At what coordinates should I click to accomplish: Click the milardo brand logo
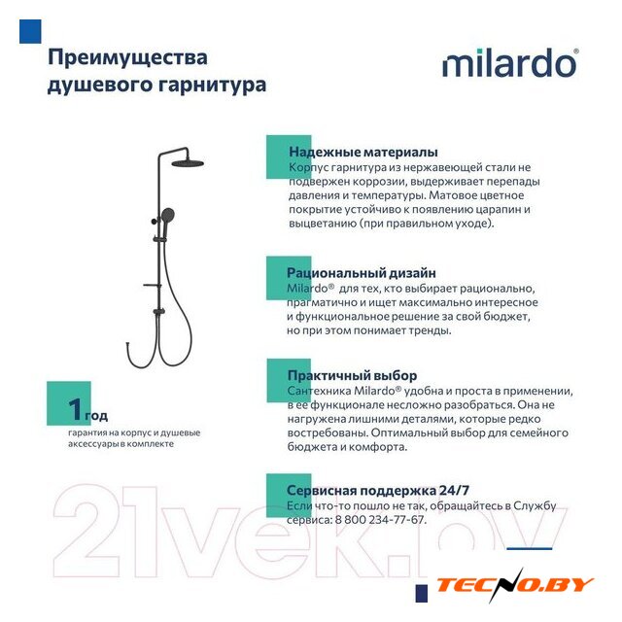[x=510, y=62]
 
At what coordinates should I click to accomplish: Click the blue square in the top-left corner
[x=30, y=31]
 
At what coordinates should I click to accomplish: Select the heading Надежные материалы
[x=363, y=152]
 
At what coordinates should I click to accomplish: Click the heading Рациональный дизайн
[x=362, y=273]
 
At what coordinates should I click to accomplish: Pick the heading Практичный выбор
[x=352, y=375]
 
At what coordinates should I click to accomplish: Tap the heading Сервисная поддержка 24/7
[x=378, y=490]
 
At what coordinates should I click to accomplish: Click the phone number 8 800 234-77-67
[x=380, y=520]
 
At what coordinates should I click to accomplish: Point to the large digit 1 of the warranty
[x=76, y=408]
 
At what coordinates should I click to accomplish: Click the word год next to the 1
[x=96, y=416]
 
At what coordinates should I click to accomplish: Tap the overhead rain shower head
[x=188, y=163]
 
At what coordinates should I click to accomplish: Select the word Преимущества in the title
[x=127, y=58]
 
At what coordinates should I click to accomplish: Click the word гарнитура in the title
[x=212, y=85]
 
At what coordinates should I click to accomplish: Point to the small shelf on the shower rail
[x=152, y=285]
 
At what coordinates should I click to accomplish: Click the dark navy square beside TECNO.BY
[x=422, y=594]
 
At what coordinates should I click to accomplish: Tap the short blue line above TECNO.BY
[x=530, y=548]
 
